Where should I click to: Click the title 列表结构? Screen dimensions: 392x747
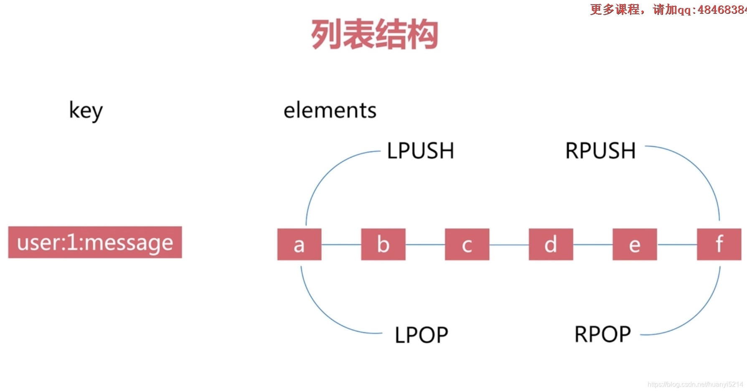374,34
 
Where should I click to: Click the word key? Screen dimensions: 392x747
86,111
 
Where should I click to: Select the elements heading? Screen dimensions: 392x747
330,111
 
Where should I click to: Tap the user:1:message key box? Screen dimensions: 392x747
95,242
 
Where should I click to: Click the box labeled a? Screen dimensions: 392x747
299,244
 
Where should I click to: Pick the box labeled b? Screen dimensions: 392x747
383,244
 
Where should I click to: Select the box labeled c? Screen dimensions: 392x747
467,244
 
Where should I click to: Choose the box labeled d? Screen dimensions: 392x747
551,244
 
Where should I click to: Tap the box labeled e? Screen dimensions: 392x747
635,244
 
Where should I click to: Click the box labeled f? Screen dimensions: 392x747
719,244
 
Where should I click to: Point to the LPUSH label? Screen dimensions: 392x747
420,151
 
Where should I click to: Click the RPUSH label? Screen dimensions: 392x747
600,151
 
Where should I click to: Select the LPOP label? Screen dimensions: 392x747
421,335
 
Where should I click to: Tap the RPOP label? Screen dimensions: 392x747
602,334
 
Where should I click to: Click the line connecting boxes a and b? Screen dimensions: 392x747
341,244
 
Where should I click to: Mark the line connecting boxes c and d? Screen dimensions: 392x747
509,245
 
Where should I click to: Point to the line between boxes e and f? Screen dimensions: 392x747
677,244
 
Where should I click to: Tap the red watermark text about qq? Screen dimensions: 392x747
668,9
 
